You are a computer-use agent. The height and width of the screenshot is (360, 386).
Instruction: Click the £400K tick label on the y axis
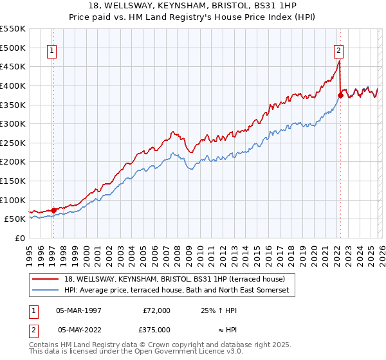[13, 85]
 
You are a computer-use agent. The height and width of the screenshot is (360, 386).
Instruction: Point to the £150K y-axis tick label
[13, 181]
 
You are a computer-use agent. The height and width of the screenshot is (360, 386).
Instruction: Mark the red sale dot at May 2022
[340, 95]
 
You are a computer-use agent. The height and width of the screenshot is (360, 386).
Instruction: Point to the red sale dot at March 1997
[53, 210]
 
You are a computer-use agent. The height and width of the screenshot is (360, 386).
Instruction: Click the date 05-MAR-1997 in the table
[78, 310]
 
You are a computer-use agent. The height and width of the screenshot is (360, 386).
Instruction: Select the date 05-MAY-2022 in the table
[78, 329]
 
